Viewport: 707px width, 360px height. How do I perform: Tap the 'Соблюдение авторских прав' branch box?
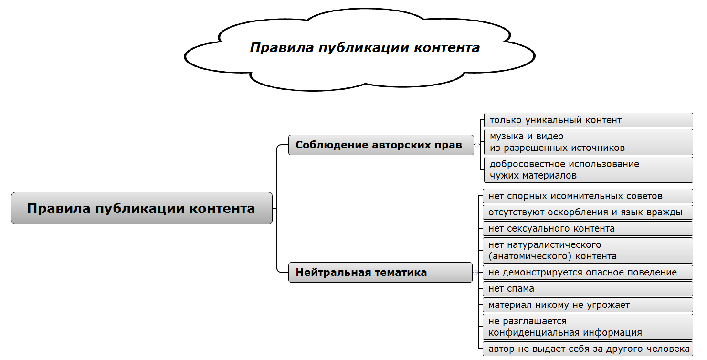click(381, 145)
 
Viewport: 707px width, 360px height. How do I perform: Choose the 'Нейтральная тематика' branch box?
click(380, 272)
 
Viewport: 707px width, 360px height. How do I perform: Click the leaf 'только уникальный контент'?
click(588, 120)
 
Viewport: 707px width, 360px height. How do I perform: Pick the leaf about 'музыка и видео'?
click(588, 142)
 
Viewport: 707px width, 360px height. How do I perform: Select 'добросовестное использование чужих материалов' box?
click(588, 169)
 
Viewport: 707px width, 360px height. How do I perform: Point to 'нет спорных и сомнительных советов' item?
click(587, 196)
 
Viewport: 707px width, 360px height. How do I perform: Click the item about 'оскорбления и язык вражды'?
click(587, 212)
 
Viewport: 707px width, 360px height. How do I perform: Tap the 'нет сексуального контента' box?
click(587, 228)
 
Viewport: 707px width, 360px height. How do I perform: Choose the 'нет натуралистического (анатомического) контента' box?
click(587, 250)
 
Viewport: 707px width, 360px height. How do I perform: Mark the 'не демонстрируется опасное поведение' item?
click(587, 272)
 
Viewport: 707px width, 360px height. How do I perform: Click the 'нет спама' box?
click(587, 288)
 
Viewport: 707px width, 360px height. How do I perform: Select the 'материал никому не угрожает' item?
click(587, 305)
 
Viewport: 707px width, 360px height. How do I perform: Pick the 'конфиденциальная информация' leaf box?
click(587, 327)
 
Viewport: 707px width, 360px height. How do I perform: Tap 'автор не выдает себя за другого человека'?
click(587, 349)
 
